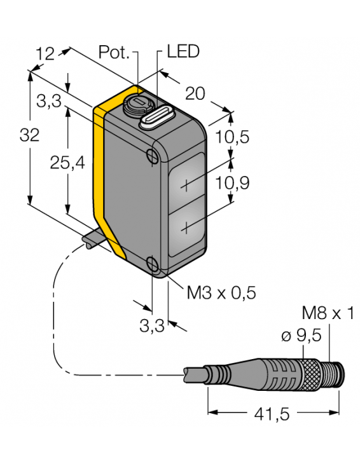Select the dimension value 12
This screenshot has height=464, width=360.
pyautogui.click(x=45, y=55)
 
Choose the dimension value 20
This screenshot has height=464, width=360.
pyautogui.click(x=195, y=93)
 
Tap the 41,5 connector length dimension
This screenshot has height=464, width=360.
pyautogui.click(x=273, y=414)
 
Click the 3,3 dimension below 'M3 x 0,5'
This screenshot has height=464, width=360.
pyautogui.click(x=151, y=326)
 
